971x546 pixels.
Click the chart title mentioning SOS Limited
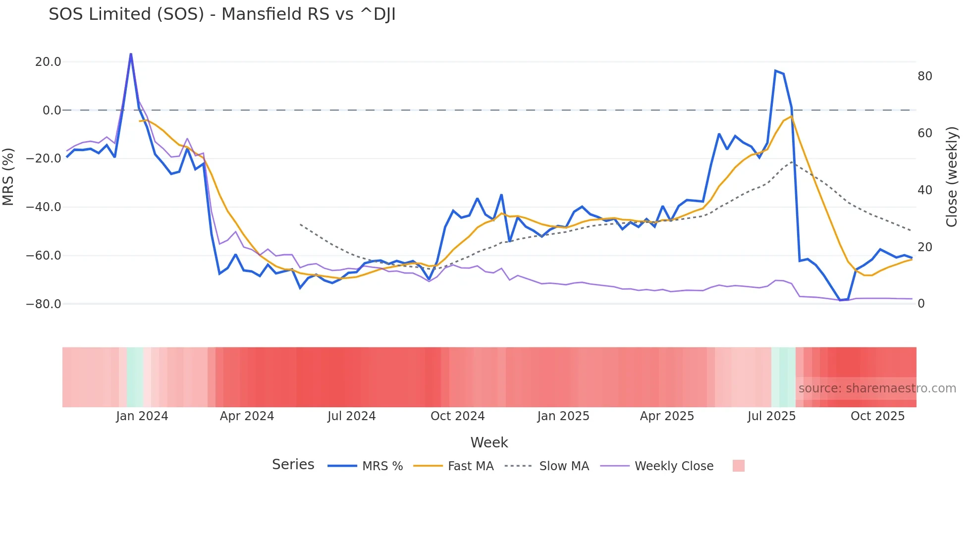pos(222,14)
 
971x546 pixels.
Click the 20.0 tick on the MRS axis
pos(48,62)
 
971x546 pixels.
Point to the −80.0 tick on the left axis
pos(44,304)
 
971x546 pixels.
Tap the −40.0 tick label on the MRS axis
pos(44,207)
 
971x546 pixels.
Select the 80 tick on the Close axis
pos(924,76)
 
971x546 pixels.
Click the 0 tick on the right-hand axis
pos(921,304)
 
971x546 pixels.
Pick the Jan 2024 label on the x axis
pos(142,416)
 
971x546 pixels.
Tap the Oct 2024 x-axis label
pos(457,416)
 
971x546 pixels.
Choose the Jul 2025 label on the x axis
pos(771,416)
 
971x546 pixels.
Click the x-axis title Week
pos(489,442)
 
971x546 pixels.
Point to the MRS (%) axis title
pos(8,177)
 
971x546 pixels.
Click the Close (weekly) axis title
pos(952,177)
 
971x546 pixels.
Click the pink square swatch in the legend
pos(738,466)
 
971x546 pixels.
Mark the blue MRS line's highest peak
pos(131,54)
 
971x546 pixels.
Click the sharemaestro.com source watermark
pos(877,388)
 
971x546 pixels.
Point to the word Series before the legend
pos(293,465)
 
